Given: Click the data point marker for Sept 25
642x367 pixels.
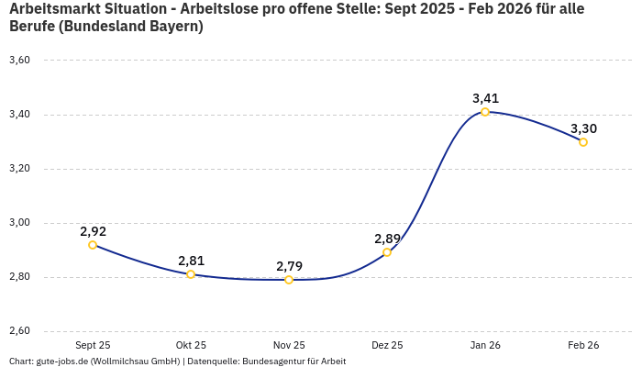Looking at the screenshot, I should pyautogui.click(x=93, y=245).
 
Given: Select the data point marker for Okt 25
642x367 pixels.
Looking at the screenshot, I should pyautogui.click(x=191, y=274).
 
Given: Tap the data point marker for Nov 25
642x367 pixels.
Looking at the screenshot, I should pyautogui.click(x=289, y=280).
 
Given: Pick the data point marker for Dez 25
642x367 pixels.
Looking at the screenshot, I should pyautogui.click(x=387, y=252).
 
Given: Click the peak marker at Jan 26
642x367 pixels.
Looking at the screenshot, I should pyautogui.click(x=485, y=112).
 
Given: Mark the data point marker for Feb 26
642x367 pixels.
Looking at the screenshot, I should pyautogui.click(x=583, y=142).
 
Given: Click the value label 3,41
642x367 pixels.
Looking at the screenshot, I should pyautogui.click(x=485, y=98).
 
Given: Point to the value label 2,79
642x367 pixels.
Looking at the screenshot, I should pyautogui.click(x=289, y=266).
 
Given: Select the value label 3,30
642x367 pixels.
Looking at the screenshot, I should pyautogui.click(x=583, y=128).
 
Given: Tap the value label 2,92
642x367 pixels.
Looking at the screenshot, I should pyautogui.click(x=93, y=231).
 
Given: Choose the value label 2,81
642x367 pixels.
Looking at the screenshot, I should pyautogui.click(x=191, y=261).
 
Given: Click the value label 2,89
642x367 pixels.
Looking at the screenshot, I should pyautogui.click(x=387, y=239).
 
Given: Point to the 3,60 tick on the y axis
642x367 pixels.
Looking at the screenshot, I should pyautogui.click(x=19, y=61).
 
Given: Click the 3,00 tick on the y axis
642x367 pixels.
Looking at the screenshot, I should pyautogui.click(x=19, y=223).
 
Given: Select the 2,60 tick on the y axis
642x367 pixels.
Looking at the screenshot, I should pyautogui.click(x=19, y=331).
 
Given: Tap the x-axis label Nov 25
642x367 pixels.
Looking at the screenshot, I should pyautogui.click(x=289, y=345).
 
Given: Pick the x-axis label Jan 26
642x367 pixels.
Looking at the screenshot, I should pyautogui.click(x=485, y=345).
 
